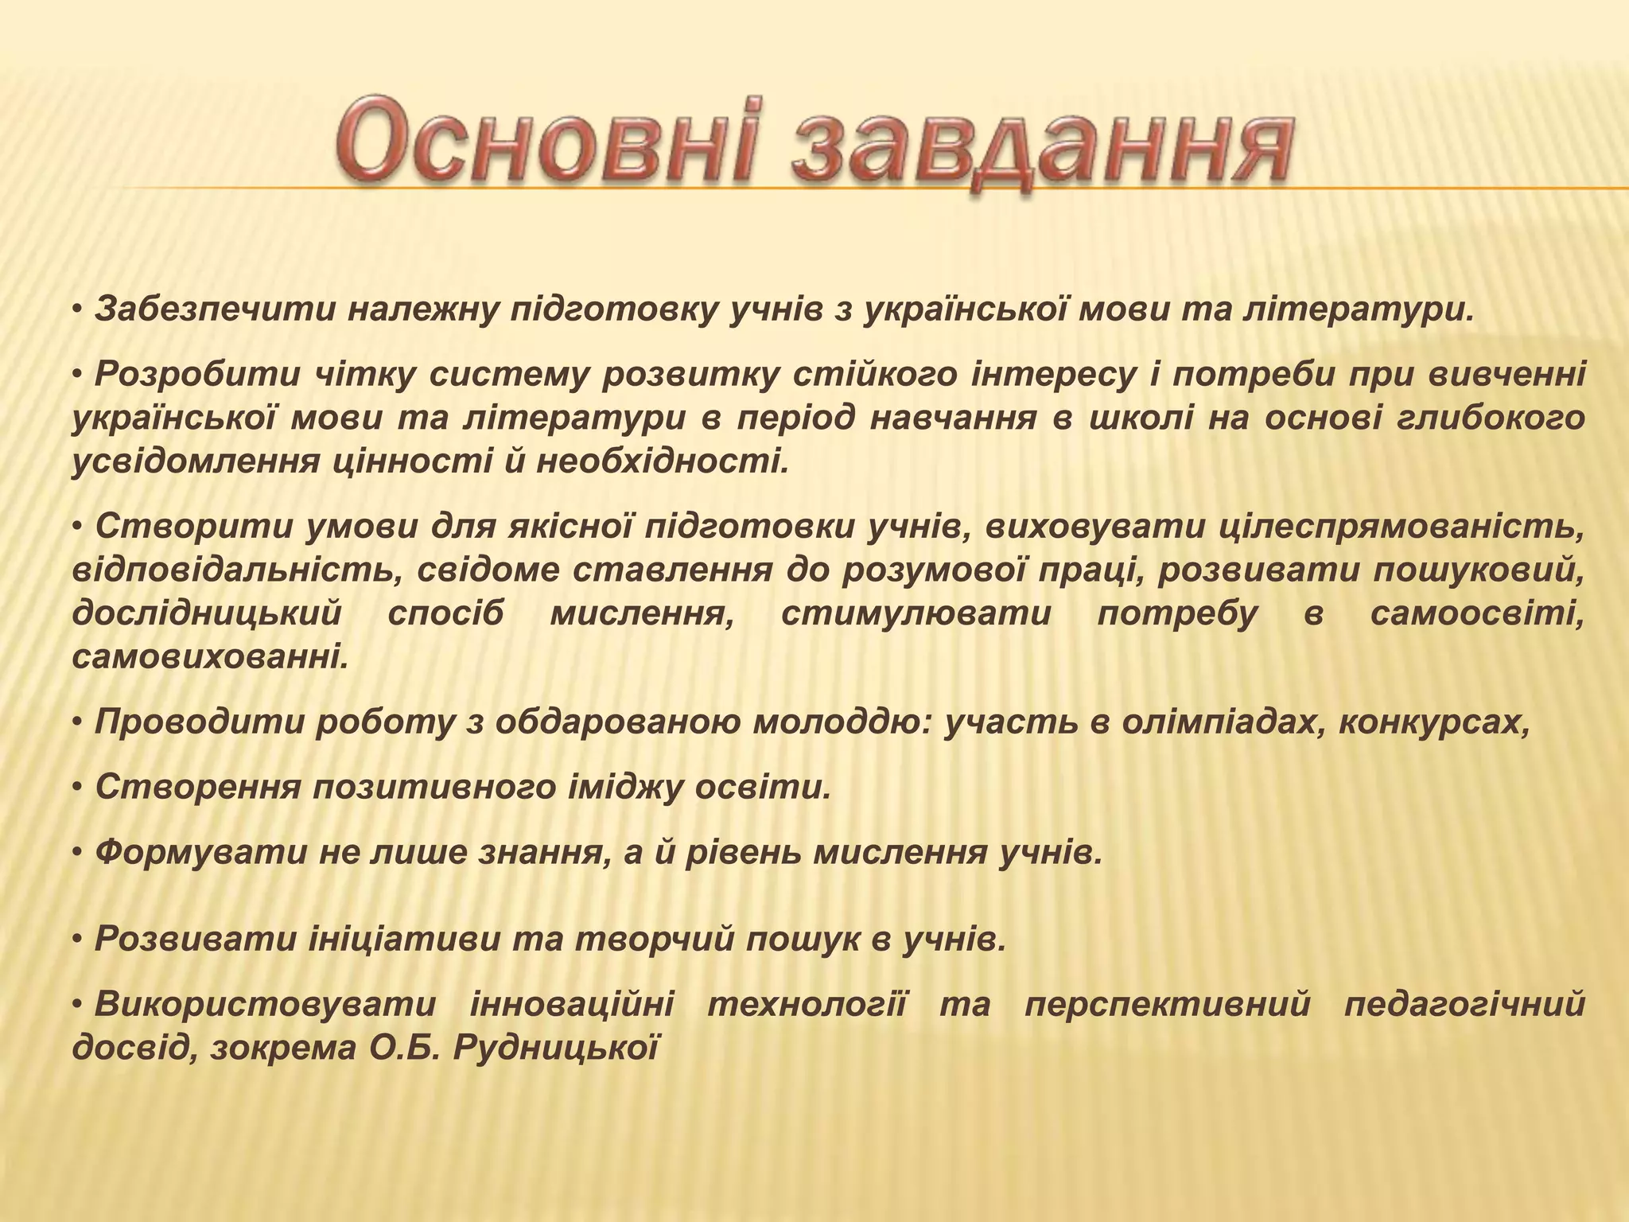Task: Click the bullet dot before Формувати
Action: tap(78, 854)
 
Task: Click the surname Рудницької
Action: tap(556, 1049)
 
